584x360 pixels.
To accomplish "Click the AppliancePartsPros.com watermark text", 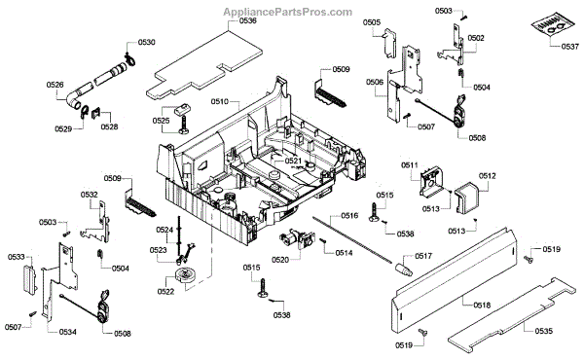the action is pos(287,12).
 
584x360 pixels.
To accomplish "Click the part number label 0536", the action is pos(247,20).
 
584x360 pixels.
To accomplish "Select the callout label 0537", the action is pos(570,47).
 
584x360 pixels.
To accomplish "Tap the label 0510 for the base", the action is pos(219,101).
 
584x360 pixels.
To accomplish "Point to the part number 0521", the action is pos(293,161).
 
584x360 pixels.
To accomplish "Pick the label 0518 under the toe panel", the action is pos(482,306).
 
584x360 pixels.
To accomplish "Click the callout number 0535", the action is pos(544,331).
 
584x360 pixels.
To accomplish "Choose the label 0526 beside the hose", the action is pos(55,85).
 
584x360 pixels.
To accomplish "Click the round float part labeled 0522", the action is pos(184,276).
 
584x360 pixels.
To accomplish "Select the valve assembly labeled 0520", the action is pos(297,240).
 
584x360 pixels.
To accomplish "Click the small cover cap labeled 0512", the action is pos(466,198).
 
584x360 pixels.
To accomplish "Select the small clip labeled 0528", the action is pos(96,112).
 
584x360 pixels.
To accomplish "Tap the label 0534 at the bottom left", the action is pos(68,332).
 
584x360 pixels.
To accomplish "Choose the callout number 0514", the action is pos(344,253).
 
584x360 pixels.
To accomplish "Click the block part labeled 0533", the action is pos(30,278).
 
